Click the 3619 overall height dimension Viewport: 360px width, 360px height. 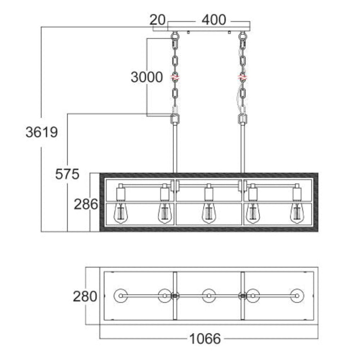pos(41,132)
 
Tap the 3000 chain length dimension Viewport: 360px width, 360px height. pos(147,77)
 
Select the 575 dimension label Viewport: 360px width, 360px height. pos(67,174)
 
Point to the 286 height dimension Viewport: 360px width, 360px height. pos(86,204)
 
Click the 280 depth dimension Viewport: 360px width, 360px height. pos(85,296)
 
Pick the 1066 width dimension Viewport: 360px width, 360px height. pos(205,339)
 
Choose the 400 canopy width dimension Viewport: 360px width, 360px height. pos(214,20)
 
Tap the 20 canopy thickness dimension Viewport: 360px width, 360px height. pos(157,20)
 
